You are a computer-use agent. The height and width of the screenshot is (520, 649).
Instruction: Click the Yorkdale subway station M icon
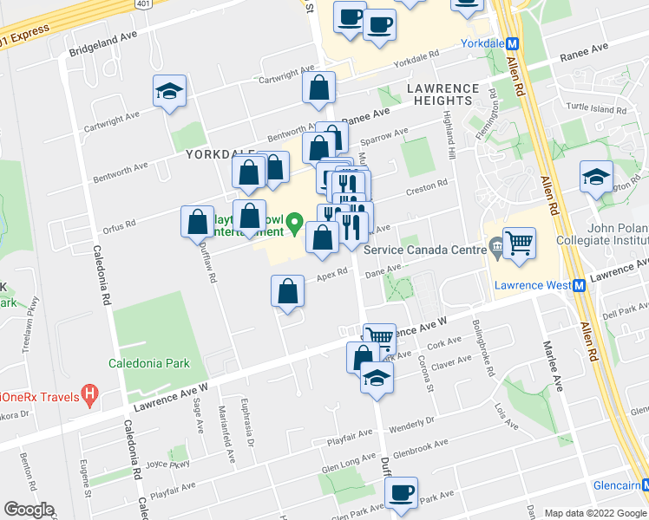click(x=512, y=44)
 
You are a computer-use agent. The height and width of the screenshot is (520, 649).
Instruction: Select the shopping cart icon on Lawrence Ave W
click(x=378, y=337)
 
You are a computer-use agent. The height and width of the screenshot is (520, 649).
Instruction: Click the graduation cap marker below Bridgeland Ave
click(x=169, y=91)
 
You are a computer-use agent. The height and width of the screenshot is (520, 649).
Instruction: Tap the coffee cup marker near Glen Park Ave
click(x=400, y=492)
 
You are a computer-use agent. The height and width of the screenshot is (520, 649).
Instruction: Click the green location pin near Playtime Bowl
click(x=296, y=224)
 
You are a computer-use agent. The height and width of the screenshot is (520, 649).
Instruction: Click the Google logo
click(x=28, y=510)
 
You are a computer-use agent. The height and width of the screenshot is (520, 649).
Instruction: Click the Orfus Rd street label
click(x=117, y=224)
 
